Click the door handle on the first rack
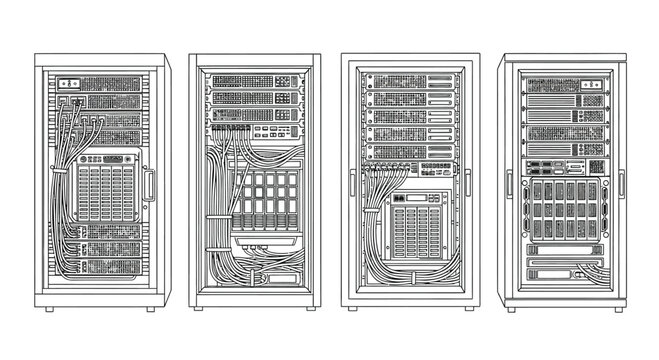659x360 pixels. click(149, 186)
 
